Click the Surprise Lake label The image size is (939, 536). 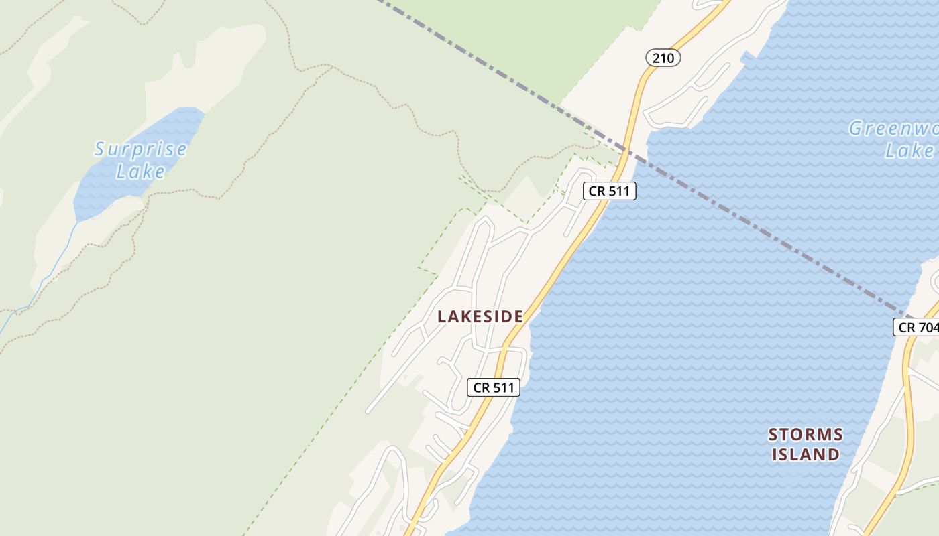[x=140, y=160]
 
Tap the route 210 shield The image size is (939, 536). [x=663, y=58]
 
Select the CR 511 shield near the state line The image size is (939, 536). [x=609, y=191]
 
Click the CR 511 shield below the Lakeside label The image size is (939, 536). [x=494, y=387]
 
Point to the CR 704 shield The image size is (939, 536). [x=917, y=327]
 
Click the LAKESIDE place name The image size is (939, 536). [x=480, y=316]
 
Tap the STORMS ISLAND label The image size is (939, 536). [x=805, y=444]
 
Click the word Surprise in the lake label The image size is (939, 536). [x=140, y=149]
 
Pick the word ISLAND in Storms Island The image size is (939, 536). [x=805, y=454]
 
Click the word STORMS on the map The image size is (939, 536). [x=805, y=435]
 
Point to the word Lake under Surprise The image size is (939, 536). [x=140, y=172]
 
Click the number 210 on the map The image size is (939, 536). [x=663, y=58]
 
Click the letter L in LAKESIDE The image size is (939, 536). [x=442, y=316]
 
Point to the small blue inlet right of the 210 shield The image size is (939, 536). [x=746, y=58]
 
